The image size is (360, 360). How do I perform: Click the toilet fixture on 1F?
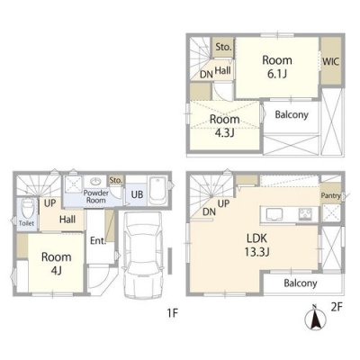coord(27,209)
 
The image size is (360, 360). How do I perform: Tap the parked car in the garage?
coord(143,255)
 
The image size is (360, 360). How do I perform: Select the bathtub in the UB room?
coord(157,190)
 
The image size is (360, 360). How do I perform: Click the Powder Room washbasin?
coord(96,181)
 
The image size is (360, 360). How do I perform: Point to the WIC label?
coord(331,61)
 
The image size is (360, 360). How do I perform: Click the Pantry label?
coord(331,195)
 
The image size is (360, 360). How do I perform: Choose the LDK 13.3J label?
coord(256,246)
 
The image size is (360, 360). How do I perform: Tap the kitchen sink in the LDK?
coord(273,214)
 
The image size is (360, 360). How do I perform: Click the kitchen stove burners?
coord(305,214)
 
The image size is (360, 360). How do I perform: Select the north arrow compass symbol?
coord(314,317)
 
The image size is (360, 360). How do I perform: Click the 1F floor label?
coord(173,313)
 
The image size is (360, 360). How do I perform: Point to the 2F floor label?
coord(337,307)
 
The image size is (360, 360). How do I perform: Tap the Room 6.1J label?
coord(277,67)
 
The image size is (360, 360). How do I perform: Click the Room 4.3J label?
coord(224,126)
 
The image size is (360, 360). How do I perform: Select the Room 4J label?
coord(57,264)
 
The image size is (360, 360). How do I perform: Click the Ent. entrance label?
coord(98,240)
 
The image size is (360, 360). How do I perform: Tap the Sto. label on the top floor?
coord(223,47)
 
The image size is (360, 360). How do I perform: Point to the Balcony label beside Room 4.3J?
coord(292,114)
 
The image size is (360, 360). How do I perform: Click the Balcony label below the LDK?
coord(301,283)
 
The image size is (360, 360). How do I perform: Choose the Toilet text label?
coord(26,223)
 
